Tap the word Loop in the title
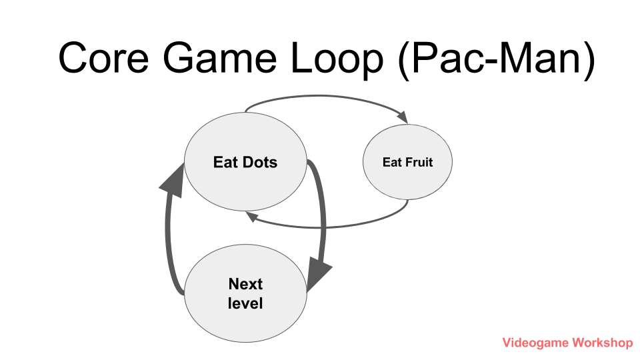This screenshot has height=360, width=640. click(337, 59)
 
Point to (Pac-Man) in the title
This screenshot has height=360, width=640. click(496, 59)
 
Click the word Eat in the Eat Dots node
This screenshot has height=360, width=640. click(225, 162)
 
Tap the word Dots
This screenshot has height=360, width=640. click(259, 162)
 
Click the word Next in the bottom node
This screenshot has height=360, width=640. click(245, 284)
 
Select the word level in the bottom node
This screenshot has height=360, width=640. click(245, 303)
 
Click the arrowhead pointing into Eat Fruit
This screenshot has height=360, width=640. click(403, 117)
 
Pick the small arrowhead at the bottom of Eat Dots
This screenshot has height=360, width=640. click(251, 216)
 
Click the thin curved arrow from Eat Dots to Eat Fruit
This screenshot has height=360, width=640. click(323, 96)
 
